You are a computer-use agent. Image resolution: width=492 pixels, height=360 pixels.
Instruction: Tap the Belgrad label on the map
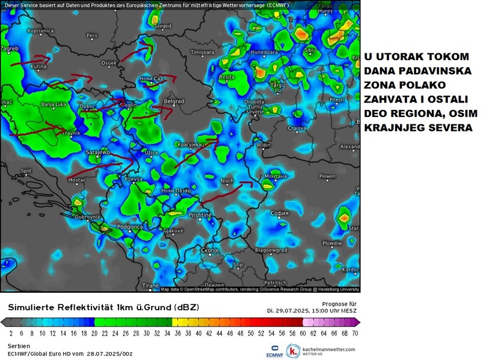point(174,102)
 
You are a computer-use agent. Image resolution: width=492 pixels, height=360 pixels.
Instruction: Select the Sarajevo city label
point(98,152)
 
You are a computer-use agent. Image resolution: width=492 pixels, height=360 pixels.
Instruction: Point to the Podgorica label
point(130,227)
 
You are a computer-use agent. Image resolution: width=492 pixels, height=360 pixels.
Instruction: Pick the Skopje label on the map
point(210,250)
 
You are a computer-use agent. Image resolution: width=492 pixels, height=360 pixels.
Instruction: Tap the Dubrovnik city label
point(87,216)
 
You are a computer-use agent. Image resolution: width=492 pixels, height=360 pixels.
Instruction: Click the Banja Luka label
point(55,105)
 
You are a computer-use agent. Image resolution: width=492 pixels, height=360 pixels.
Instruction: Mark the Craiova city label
point(297,127)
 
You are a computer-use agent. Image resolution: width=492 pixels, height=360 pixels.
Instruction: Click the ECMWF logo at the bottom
point(273,351)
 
